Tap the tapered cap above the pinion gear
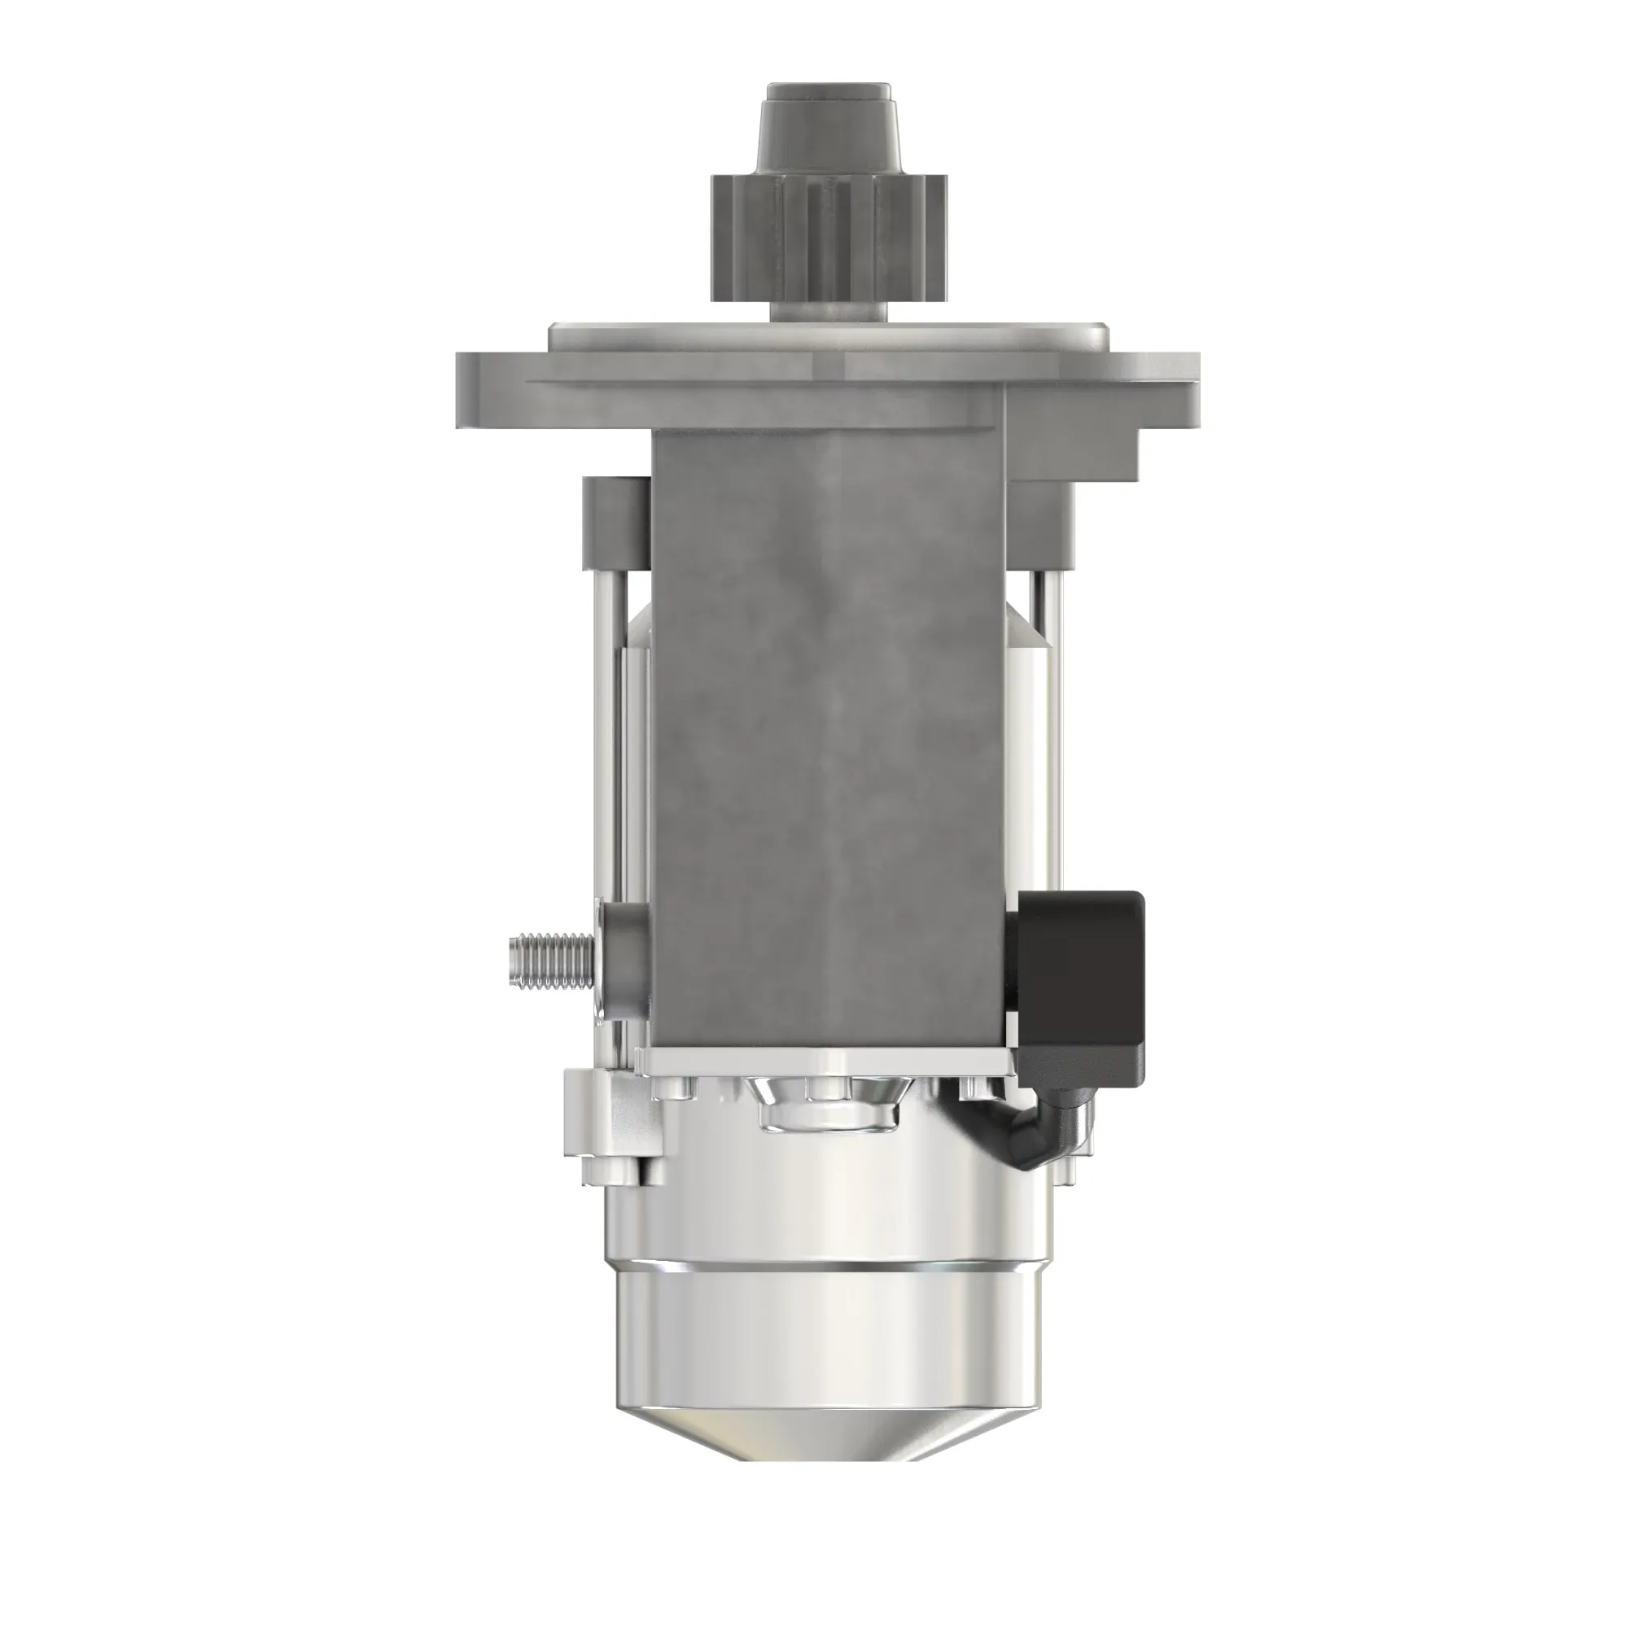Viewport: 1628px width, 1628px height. pos(828,126)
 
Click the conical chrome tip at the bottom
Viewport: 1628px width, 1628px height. pos(829,1424)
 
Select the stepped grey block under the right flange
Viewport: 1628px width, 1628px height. pos(1070,472)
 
